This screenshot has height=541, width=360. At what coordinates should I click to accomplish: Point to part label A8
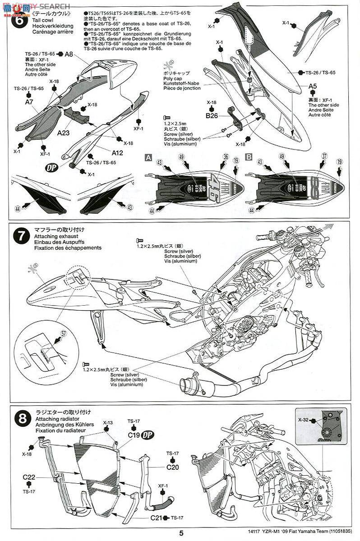[69, 55]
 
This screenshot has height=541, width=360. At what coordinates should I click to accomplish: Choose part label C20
[172, 467]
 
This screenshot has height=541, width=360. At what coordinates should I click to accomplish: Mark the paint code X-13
[107, 422]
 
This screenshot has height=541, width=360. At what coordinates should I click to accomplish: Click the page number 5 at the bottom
[180, 533]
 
